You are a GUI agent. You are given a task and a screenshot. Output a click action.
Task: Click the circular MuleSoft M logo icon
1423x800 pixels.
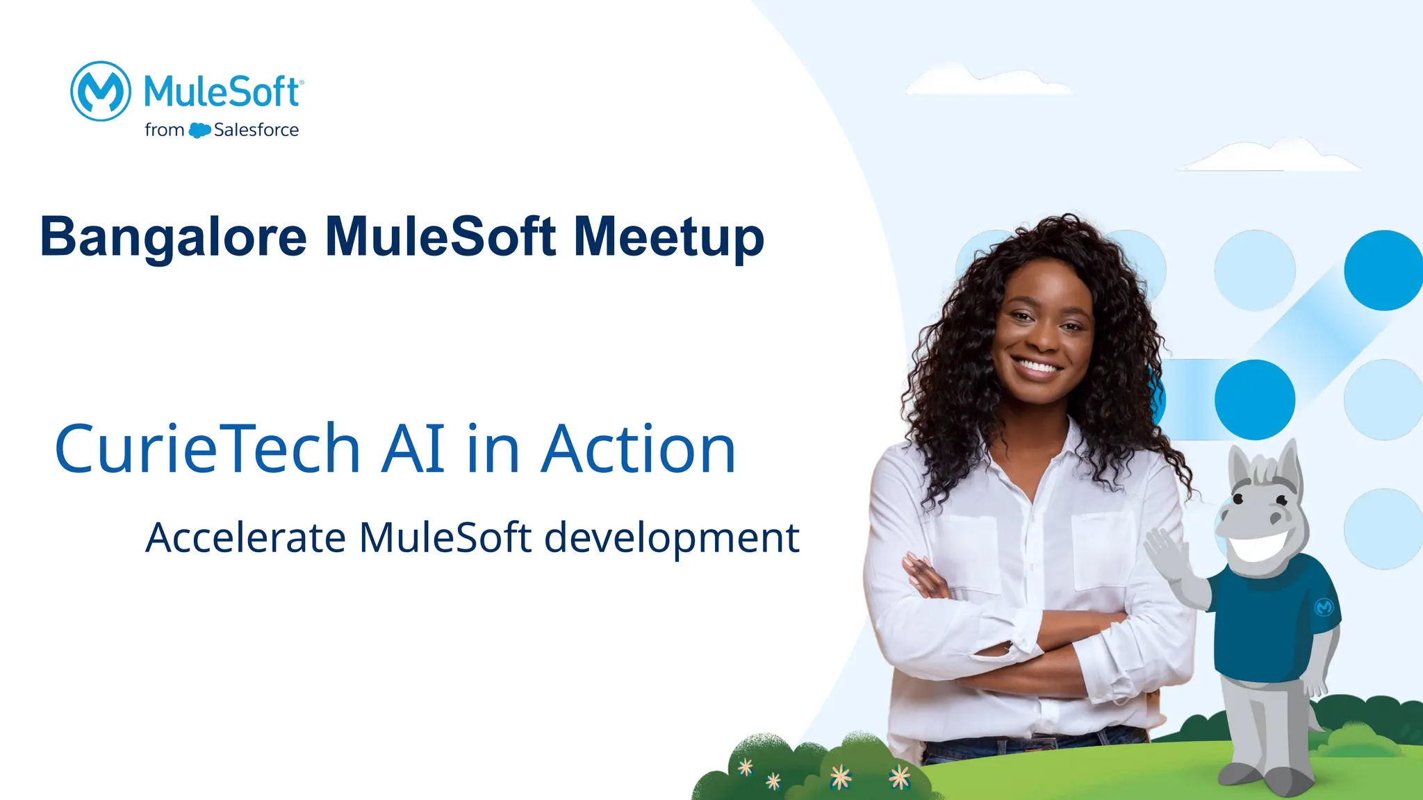101,91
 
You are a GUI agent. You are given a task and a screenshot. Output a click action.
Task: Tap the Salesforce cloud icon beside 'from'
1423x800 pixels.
199,130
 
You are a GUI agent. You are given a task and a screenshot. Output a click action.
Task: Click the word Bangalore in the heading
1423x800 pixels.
173,237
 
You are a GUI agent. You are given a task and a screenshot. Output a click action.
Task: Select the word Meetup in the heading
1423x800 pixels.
668,237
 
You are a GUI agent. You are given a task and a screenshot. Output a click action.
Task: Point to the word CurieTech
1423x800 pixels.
207,449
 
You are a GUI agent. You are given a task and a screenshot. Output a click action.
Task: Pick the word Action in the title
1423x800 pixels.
638,449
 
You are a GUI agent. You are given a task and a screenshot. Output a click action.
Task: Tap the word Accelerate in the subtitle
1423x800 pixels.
245,537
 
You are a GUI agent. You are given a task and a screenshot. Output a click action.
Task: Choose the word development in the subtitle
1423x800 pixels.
671,539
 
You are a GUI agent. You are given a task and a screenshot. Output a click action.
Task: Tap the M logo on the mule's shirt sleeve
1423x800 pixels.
1324,607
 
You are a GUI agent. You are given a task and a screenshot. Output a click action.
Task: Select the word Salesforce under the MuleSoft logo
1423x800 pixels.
256,130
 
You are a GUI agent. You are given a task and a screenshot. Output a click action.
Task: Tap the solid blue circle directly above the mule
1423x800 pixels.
1255,399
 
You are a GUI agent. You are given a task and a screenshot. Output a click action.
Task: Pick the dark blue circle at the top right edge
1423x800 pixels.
1383,270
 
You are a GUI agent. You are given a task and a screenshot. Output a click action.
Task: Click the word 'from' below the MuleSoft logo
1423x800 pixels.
164,130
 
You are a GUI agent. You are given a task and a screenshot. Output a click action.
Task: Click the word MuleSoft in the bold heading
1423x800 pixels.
441,237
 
